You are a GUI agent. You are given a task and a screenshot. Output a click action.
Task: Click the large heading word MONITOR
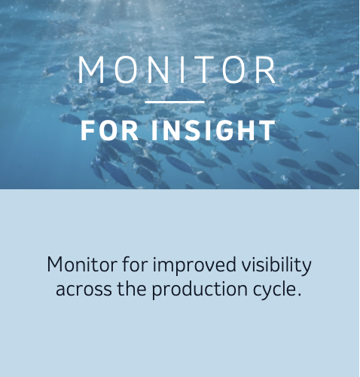pyautogui.click(x=178, y=71)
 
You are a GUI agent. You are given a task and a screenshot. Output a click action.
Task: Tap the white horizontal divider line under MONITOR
pyautogui.click(x=174, y=102)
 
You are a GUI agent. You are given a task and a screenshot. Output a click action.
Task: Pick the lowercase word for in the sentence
pyautogui.click(x=121, y=265)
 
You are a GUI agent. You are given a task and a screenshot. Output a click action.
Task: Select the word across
pyautogui.click(x=80, y=290)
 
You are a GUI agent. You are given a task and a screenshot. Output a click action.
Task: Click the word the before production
pyautogui.click(x=128, y=289)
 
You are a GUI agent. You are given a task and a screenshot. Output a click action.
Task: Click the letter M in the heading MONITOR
pyautogui.click(x=90, y=71)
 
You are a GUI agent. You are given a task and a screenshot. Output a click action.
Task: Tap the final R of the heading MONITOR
pyautogui.click(x=265, y=71)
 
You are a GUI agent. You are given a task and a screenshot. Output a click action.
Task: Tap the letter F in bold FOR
pyautogui.click(x=87, y=130)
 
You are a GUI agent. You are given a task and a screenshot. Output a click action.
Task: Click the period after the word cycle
pyautogui.click(x=298, y=294)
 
